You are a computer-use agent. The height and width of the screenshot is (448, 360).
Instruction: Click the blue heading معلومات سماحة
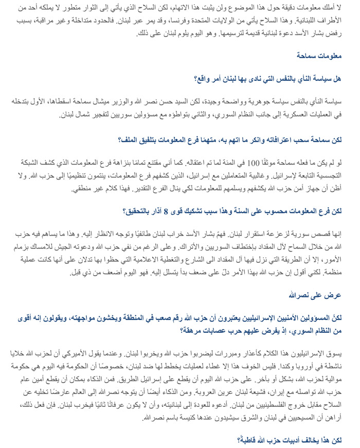click(320, 56)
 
